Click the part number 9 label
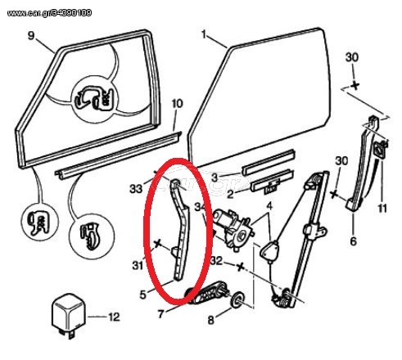[x=31, y=36]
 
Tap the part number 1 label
[x=204, y=34]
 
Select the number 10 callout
[x=177, y=104]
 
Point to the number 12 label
[x=114, y=317]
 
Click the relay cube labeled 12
[x=69, y=313]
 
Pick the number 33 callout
[x=136, y=189]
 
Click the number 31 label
[x=138, y=265]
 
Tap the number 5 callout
[x=142, y=295]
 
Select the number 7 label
[x=160, y=314]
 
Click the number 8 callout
[x=210, y=320]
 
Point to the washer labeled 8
[x=237, y=299]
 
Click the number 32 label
[x=217, y=261]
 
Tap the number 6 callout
[x=353, y=241]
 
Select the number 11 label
[x=382, y=209]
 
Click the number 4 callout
[x=269, y=206]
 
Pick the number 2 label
[x=230, y=195]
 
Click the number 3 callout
[x=215, y=178]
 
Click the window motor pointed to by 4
[x=233, y=227]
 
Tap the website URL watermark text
[x=49, y=13]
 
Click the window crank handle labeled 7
[x=207, y=293]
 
